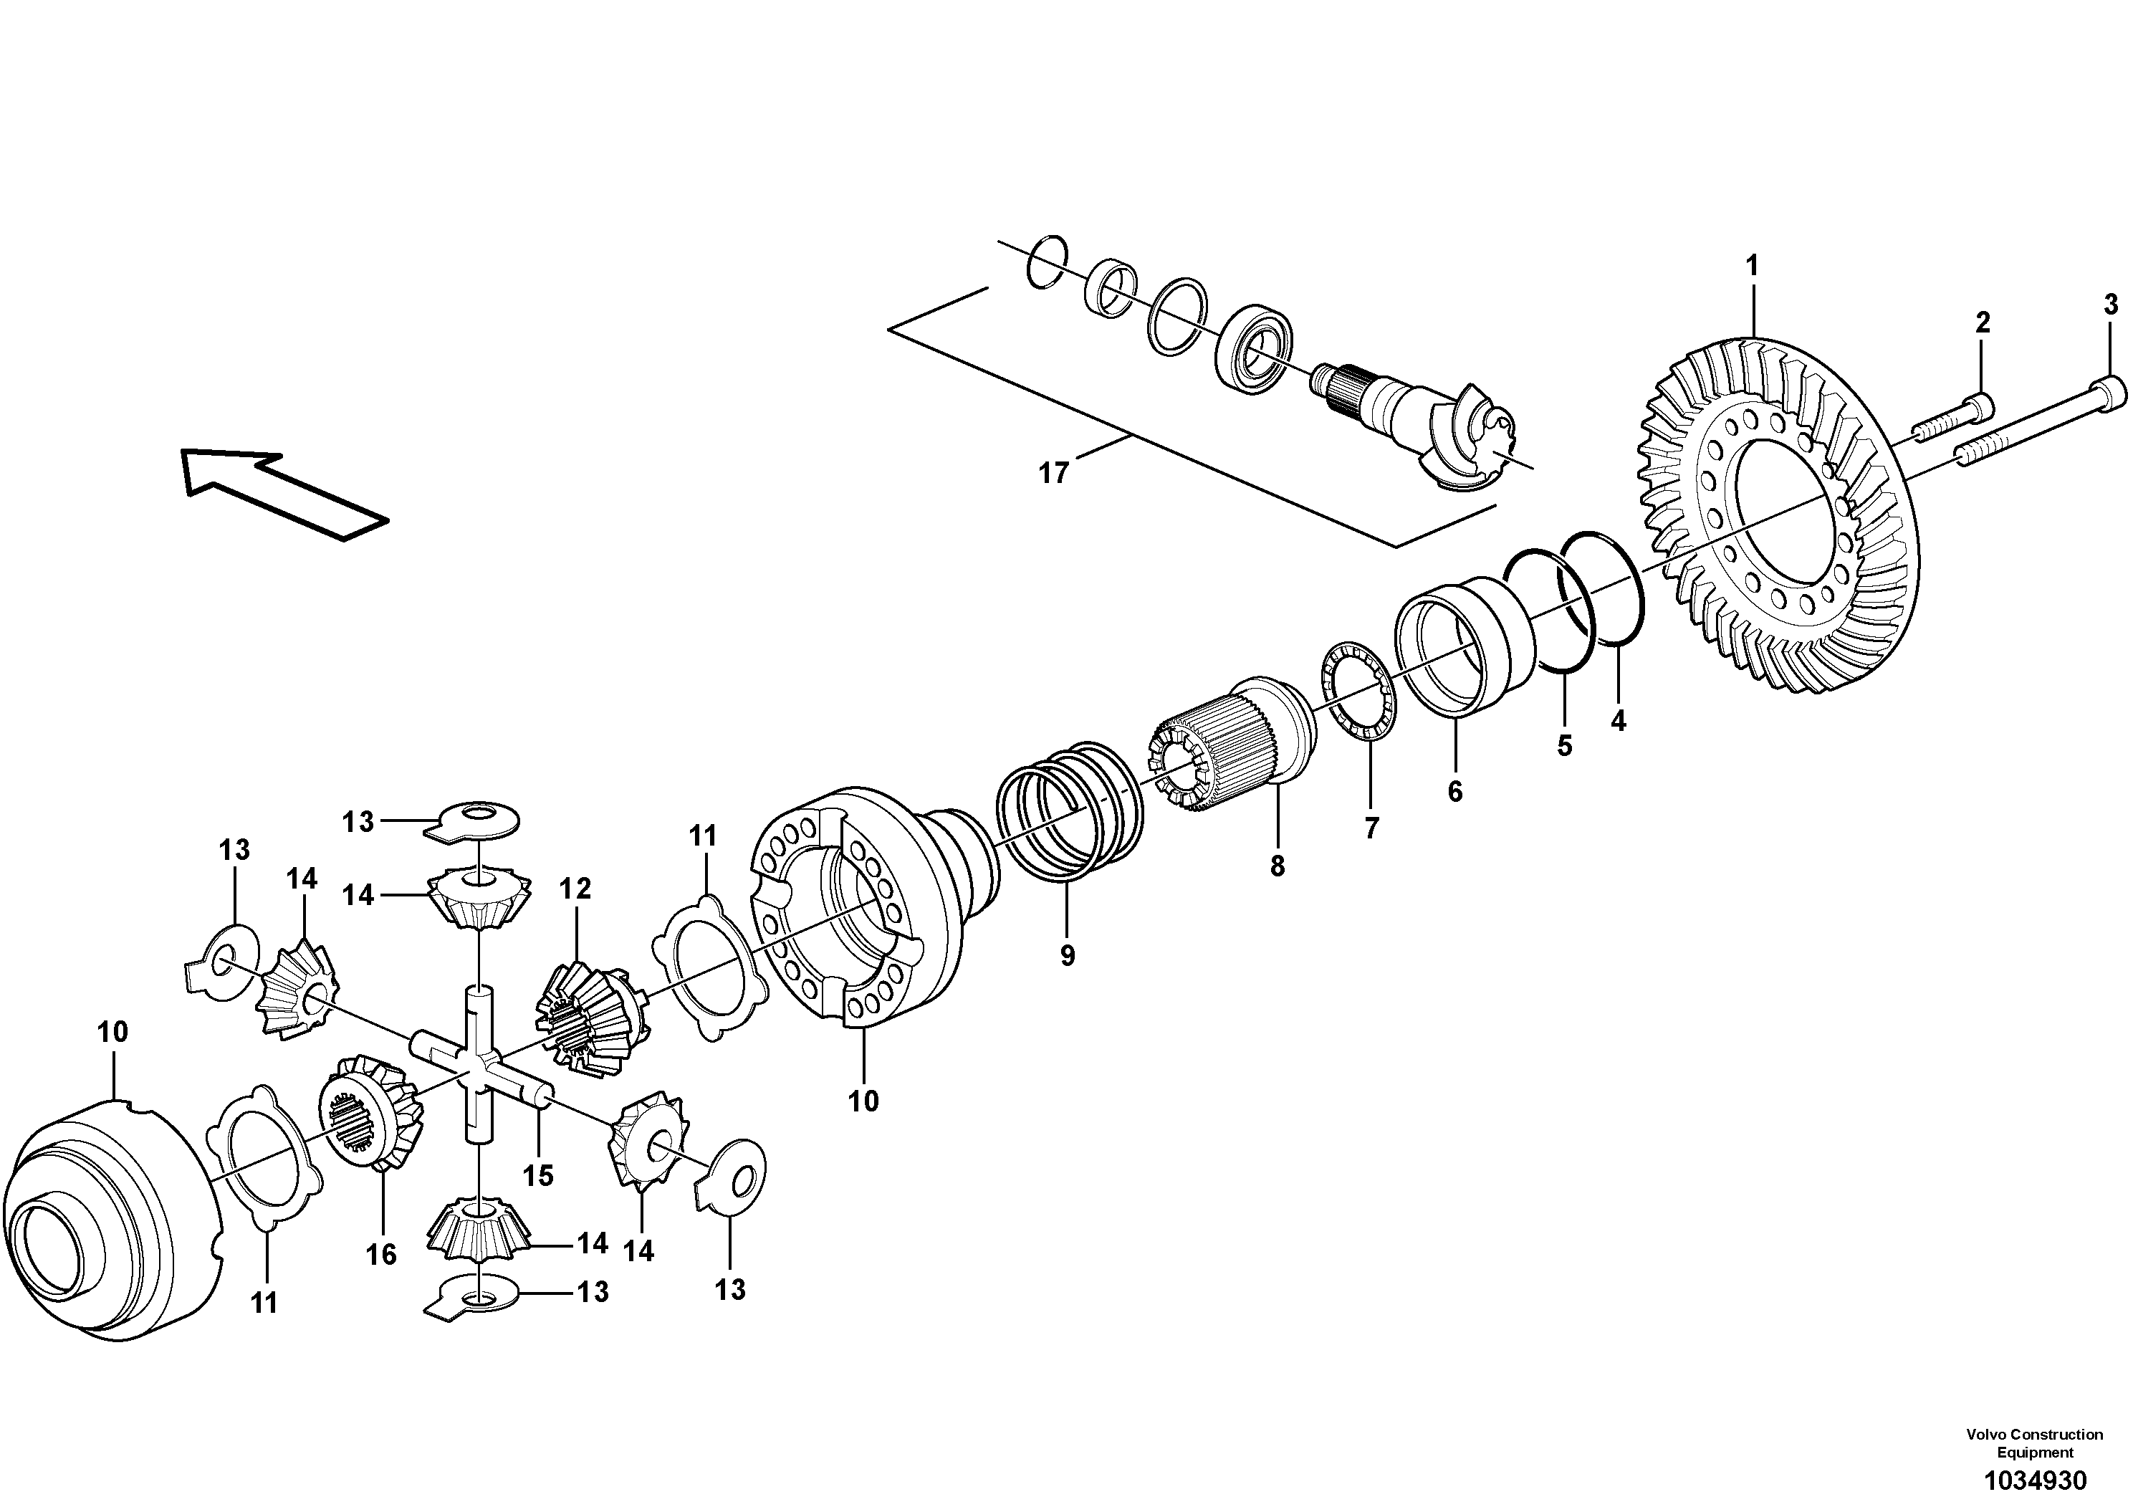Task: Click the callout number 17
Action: (1053, 473)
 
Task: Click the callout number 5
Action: (1564, 745)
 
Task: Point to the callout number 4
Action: (1619, 720)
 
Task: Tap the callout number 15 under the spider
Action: (538, 1175)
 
